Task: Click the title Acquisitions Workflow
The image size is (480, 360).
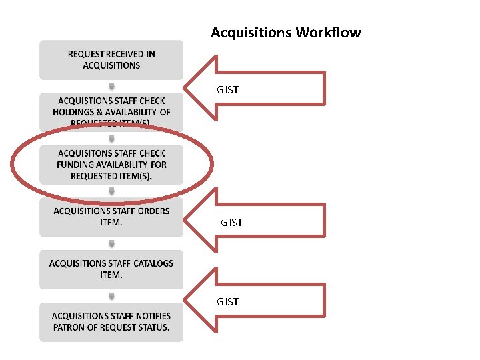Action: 285,33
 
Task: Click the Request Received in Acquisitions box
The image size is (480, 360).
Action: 111,59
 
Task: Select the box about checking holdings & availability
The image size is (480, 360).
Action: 111,111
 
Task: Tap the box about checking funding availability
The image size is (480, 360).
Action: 111,165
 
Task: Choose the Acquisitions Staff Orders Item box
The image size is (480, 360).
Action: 111,217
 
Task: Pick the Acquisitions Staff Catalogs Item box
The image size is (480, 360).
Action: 111,269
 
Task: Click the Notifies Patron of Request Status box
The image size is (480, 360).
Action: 111,321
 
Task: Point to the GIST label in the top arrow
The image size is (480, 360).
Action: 227,89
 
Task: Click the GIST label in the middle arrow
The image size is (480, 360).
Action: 232,222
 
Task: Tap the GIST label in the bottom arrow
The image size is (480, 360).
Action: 227,302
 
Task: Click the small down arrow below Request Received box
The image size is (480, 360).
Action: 111,86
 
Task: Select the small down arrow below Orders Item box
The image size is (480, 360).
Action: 111,243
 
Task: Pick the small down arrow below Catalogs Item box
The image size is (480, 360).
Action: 111,295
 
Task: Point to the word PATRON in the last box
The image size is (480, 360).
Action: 71,327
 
